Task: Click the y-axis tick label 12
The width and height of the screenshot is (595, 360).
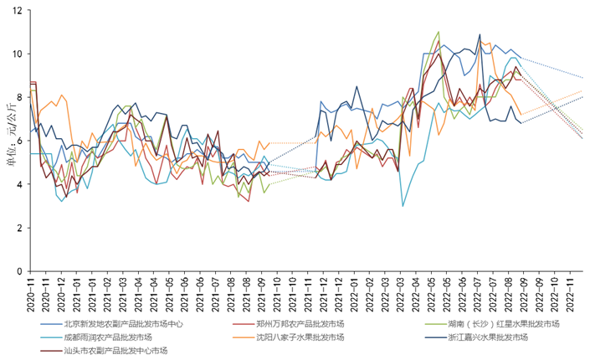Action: [x=18, y=11]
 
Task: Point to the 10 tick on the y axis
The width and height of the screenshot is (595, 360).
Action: [x=18, y=54]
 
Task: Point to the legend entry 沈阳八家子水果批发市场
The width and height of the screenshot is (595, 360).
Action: [x=300, y=337]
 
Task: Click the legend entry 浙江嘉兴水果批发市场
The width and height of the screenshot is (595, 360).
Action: [x=485, y=337]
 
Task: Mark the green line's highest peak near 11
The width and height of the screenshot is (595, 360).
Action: [x=439, y=32]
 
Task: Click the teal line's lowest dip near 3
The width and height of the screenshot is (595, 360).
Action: [x=403, y=206]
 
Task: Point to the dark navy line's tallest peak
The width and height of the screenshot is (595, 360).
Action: [x=480, y=35]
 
